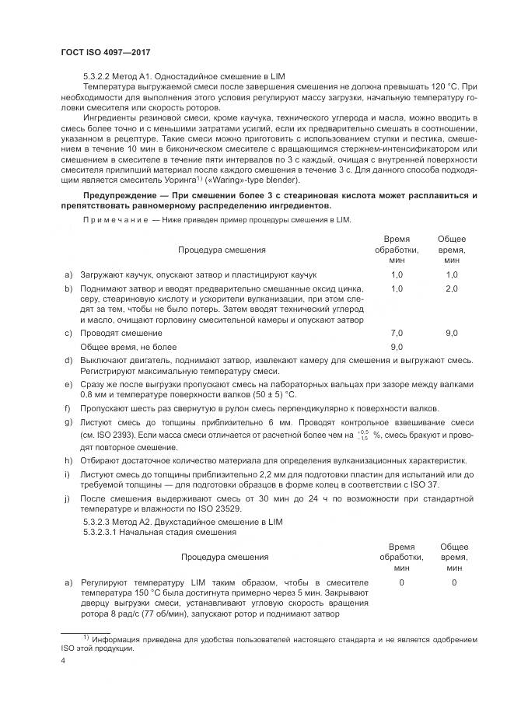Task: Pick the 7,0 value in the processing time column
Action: click(x=396, y=332)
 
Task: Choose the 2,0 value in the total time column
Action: click(x=452, y=288)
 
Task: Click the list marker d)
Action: click(x=69, y=360)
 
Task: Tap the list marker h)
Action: click(x=69, y=460)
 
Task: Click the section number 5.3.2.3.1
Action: click(x=104, y=532)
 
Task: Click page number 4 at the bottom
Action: click(x=62, y=661)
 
